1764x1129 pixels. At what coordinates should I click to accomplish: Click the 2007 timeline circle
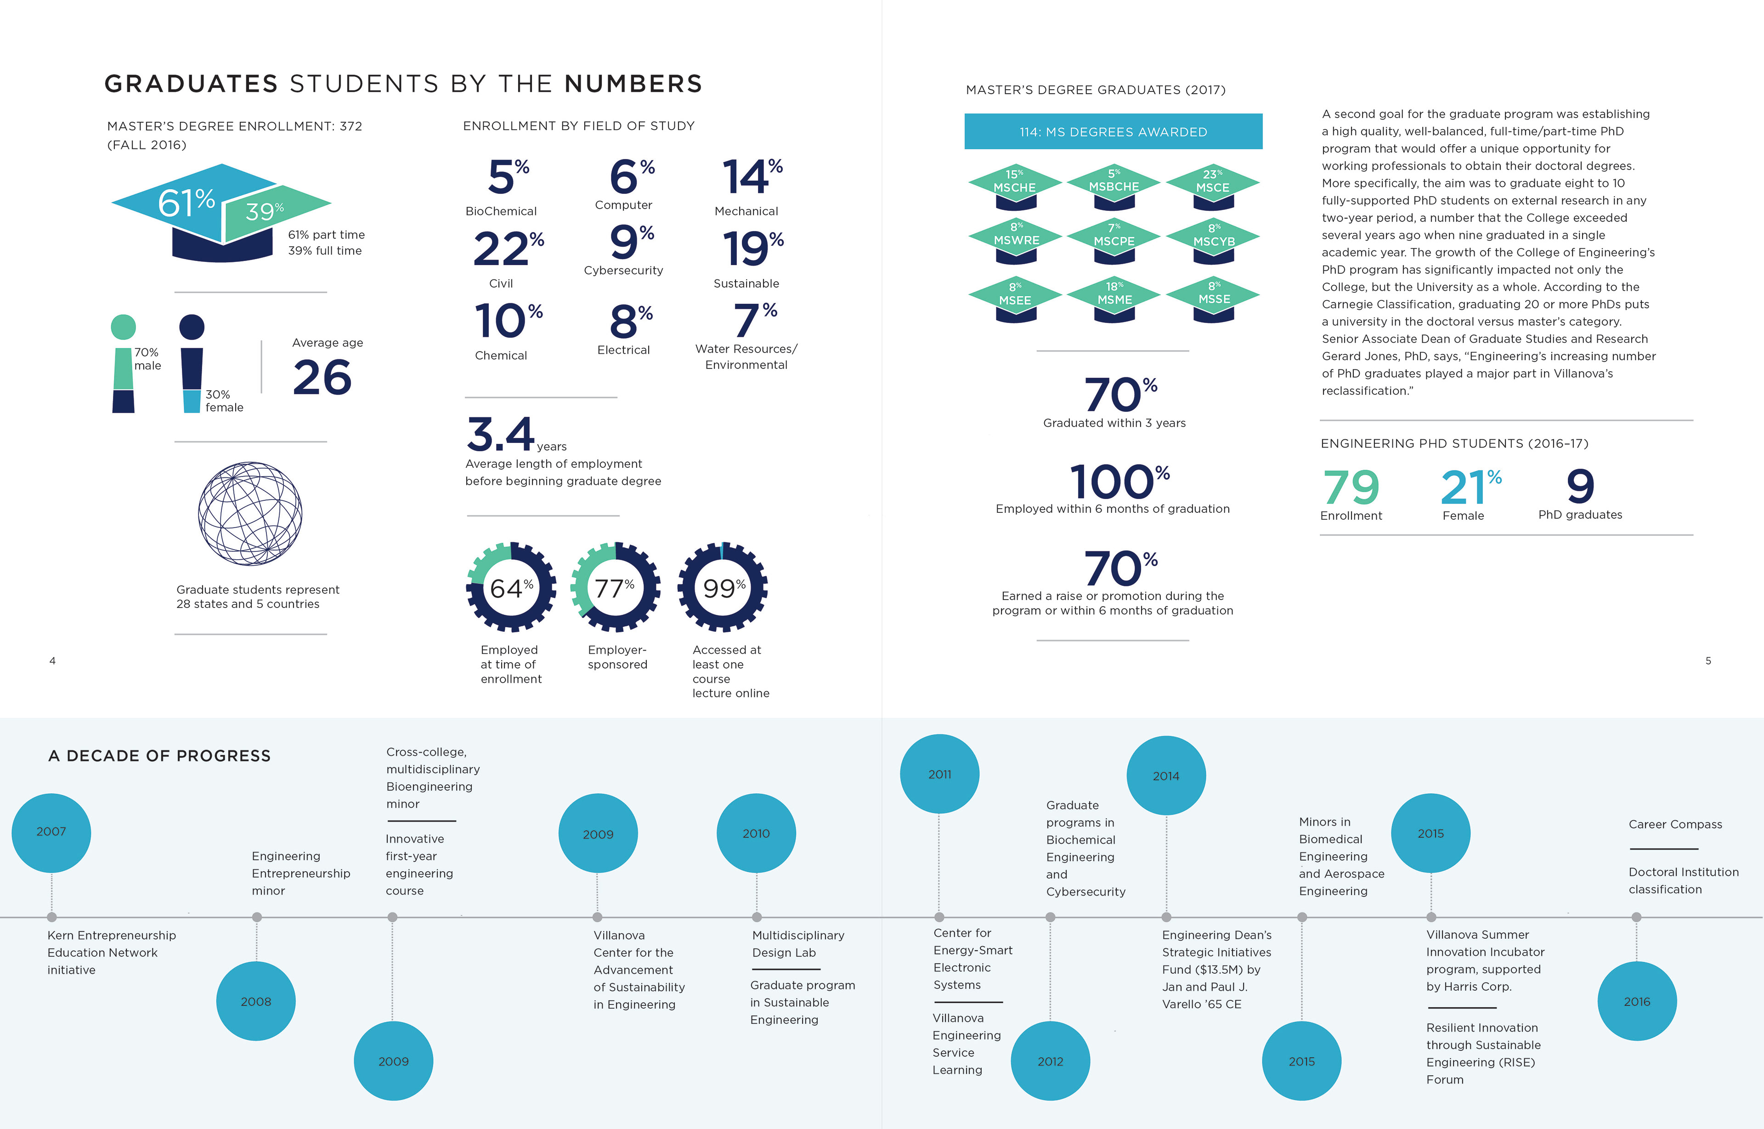click(51, 832)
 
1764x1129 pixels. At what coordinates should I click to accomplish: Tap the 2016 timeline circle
click(1636, 1001)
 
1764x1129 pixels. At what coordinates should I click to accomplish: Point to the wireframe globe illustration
click(250, 513)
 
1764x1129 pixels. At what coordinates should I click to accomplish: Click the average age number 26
click(322, 378)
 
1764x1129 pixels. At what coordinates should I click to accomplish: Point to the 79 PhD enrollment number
click(1351, 488)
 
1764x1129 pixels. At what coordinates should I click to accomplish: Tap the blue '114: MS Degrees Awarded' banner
click(1113, 132)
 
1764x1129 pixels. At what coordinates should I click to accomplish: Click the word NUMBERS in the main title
click(633, 84)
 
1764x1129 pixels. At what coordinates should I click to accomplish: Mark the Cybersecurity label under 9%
click(623, 271)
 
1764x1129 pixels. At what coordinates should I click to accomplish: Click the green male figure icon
click(123, 363)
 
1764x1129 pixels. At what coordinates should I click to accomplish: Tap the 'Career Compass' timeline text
click(1674, 824)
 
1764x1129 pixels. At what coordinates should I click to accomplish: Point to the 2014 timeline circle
click(1165, 776)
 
